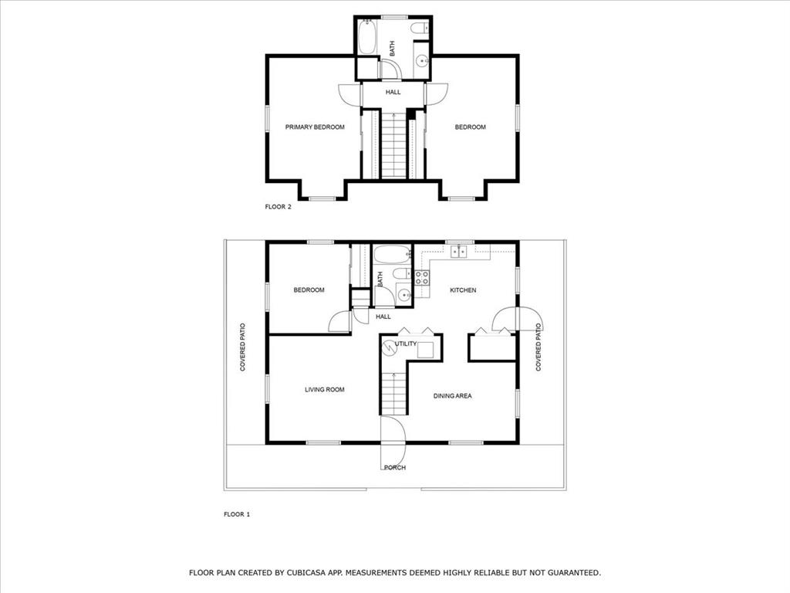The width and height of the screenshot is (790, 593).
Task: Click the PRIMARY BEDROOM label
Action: [x=315, y=127]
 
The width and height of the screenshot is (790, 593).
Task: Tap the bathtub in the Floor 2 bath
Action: [x=367, y=36]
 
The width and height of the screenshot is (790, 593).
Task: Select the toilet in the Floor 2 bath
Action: [x=419, y=29]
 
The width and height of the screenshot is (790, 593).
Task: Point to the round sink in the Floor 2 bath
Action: [x=422, y=62]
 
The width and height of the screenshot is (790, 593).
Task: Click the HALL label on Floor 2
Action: [x=393, y=92]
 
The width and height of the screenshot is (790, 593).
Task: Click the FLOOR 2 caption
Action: [x=278, y=207]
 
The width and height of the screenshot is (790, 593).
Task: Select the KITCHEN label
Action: [x=463, y=290]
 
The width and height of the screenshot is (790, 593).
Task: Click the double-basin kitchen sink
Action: [x=459, y=251]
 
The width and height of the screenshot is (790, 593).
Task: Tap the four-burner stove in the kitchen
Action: [x=421, y=278]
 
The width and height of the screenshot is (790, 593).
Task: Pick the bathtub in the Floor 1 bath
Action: [x=392, y=255]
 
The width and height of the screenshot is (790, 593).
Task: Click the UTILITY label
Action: [x=406, y=344]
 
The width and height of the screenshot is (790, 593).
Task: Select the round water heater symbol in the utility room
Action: [x=390, y=348]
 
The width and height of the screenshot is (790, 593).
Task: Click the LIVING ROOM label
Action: [x=324, y=390]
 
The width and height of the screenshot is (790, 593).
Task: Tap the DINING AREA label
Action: [x=452, y=396]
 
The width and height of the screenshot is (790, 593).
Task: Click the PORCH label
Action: [x=394, y=467]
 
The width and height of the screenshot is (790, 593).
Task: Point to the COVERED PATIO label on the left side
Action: [x=242, y=347]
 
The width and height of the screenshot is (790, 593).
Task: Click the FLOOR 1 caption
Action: [x=237, y=514]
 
